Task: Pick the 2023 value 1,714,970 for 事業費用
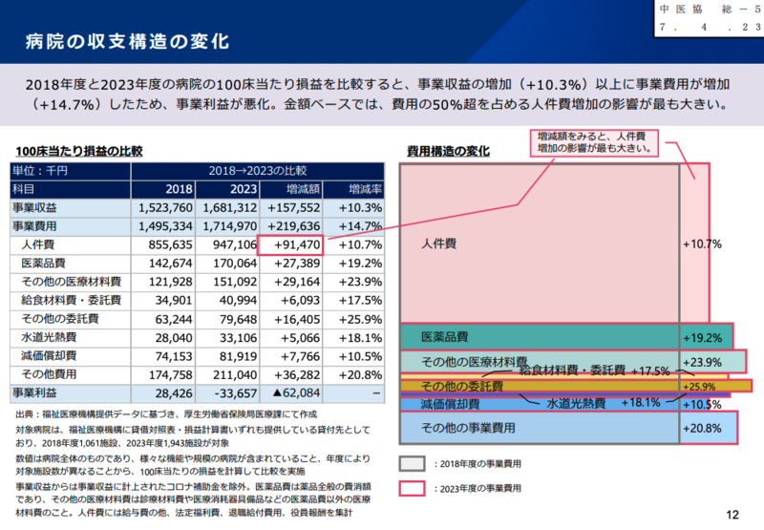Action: [x=227, y=225]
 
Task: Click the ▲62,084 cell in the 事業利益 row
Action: [x=290, y=392]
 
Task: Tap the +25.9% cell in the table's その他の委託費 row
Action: [x=358, y=318]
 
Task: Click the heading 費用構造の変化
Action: [x=448, y=151]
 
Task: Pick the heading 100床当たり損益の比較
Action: [x=78, y=151]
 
